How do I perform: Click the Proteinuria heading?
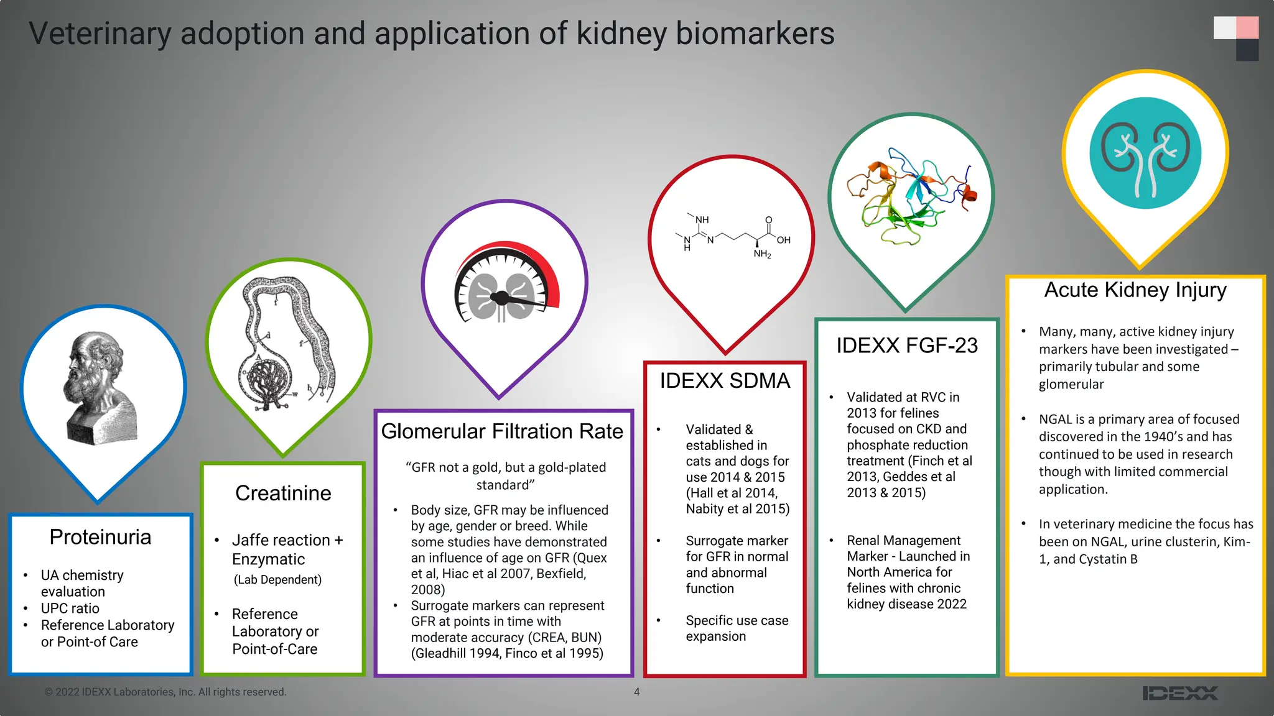[x=100, y=537]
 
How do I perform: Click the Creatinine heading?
[x=283, y=493]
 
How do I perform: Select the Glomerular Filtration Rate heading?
[x=502, y=431]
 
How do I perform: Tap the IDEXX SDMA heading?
[x=725, y=380]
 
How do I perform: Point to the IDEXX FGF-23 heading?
[x=907, y=346]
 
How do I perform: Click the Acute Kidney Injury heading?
[x=1135, y=290]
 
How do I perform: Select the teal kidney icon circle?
[x=1145, y=153]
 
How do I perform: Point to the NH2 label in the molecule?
[x=762, y=254]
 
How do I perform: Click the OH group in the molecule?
[x=784, y=240]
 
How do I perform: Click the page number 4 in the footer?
[x=636, y=692]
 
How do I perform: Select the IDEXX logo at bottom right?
[x=1180, y=693]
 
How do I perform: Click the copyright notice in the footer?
[x=165, y=692]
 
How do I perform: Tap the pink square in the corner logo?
[x=1247, y=27]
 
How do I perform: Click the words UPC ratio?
[x=70, y=608]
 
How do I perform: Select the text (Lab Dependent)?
[x=277, y=580]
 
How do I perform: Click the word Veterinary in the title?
[x=100, y=34]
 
